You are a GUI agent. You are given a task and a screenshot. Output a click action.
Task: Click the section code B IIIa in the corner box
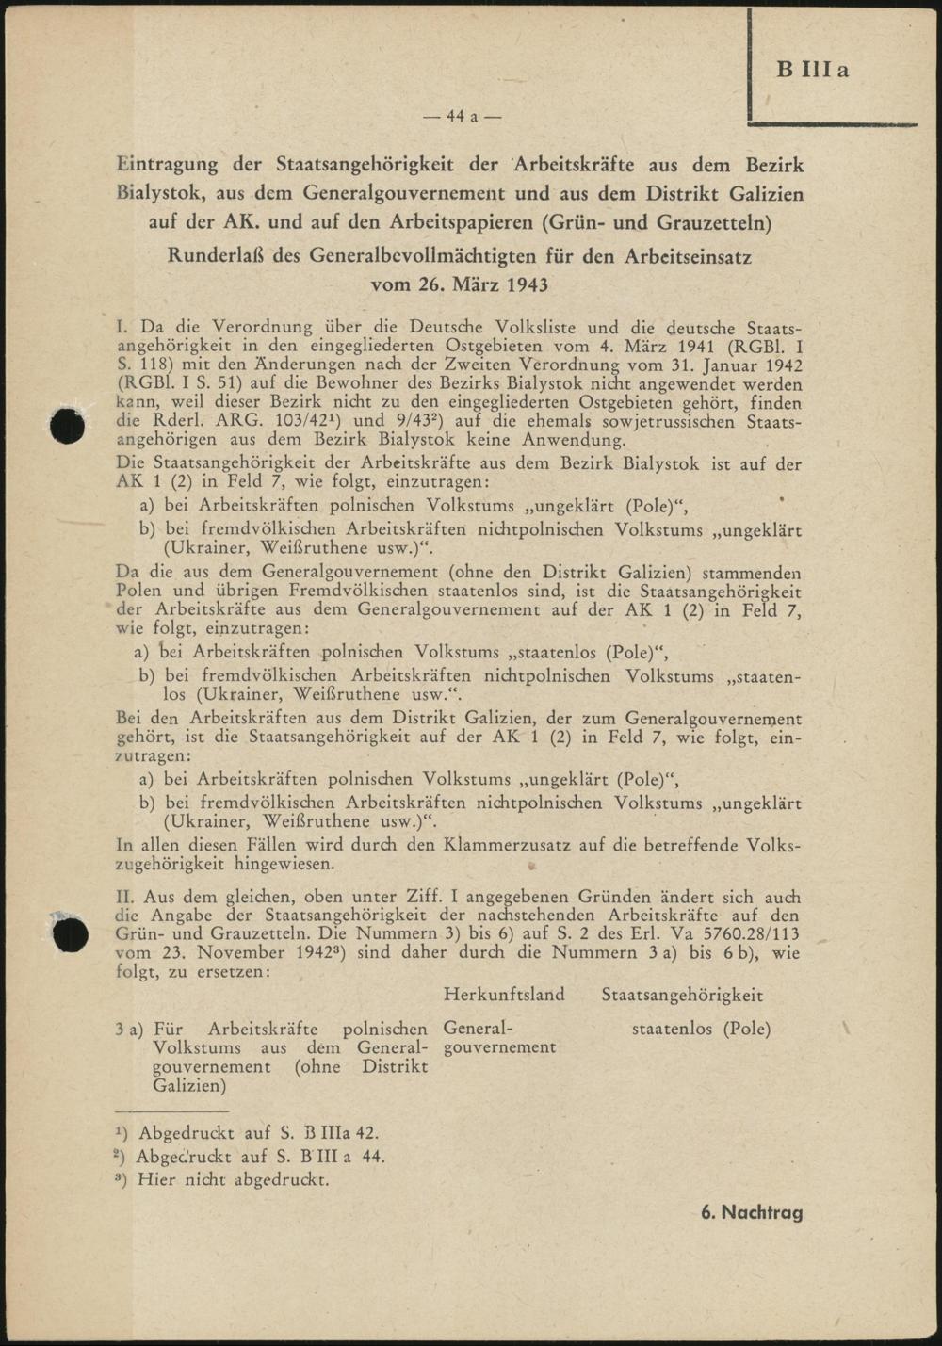(812, 70)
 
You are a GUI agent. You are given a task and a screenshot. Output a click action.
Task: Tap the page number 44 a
(462, 117)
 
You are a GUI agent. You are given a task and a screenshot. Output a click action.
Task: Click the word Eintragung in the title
(167, 164)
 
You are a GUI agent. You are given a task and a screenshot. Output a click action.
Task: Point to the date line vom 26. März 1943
(460, 284)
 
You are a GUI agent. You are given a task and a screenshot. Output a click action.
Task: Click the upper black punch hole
(68, 427)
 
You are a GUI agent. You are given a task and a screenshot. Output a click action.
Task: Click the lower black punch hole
(71, 935)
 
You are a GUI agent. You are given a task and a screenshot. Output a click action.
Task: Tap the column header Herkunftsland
(504, 995)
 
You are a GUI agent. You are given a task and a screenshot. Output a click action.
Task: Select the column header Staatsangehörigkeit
(682, 995)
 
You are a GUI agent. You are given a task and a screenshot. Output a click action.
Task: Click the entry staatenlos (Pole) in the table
(701, 1029)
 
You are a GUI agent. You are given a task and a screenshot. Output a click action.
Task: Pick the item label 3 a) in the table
(129, 1029)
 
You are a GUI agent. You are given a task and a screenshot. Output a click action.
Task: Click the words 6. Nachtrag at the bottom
(752, 1212)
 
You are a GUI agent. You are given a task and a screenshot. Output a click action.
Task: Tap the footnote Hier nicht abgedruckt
(233, 1179)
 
